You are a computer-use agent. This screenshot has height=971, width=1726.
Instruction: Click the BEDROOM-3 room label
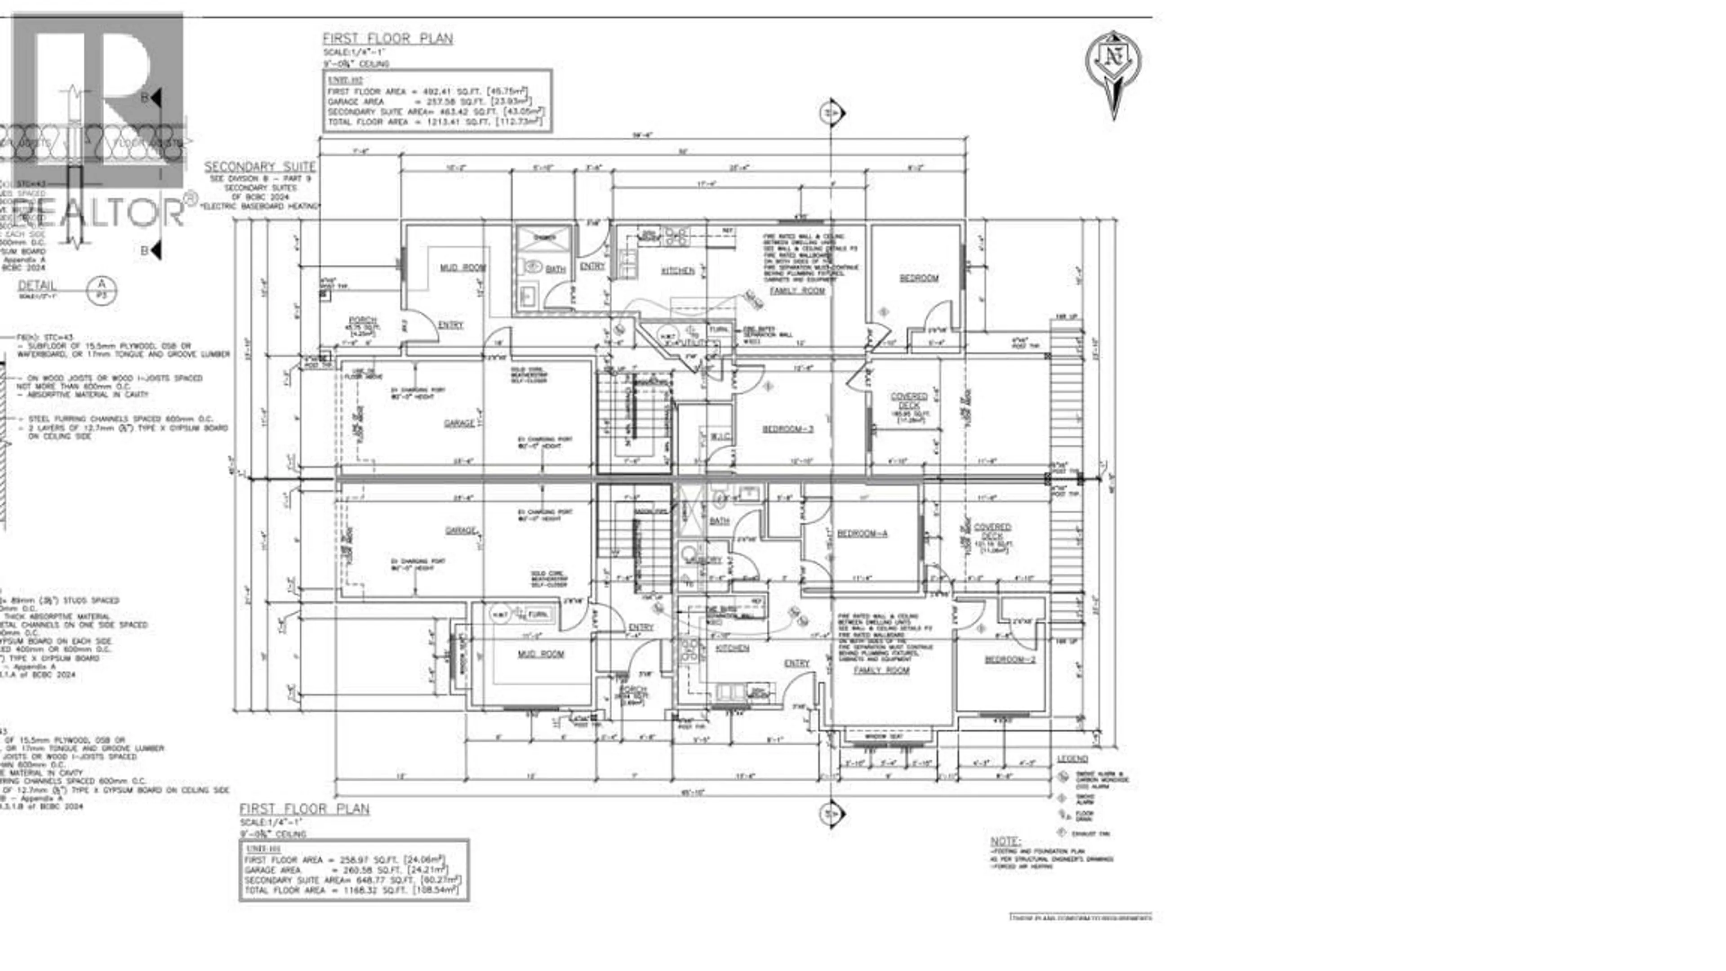(x=787, y=429)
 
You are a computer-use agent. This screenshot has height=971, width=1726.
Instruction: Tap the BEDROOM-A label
(x=863, y=534)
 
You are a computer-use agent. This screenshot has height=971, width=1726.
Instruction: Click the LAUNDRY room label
(x=703, y=560)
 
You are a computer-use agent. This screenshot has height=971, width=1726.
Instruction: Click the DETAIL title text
(x=37, y=285)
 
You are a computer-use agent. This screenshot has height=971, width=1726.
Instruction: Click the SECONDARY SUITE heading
(x=259, y=167)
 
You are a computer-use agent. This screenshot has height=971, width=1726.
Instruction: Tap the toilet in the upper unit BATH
(x=533, y=267)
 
